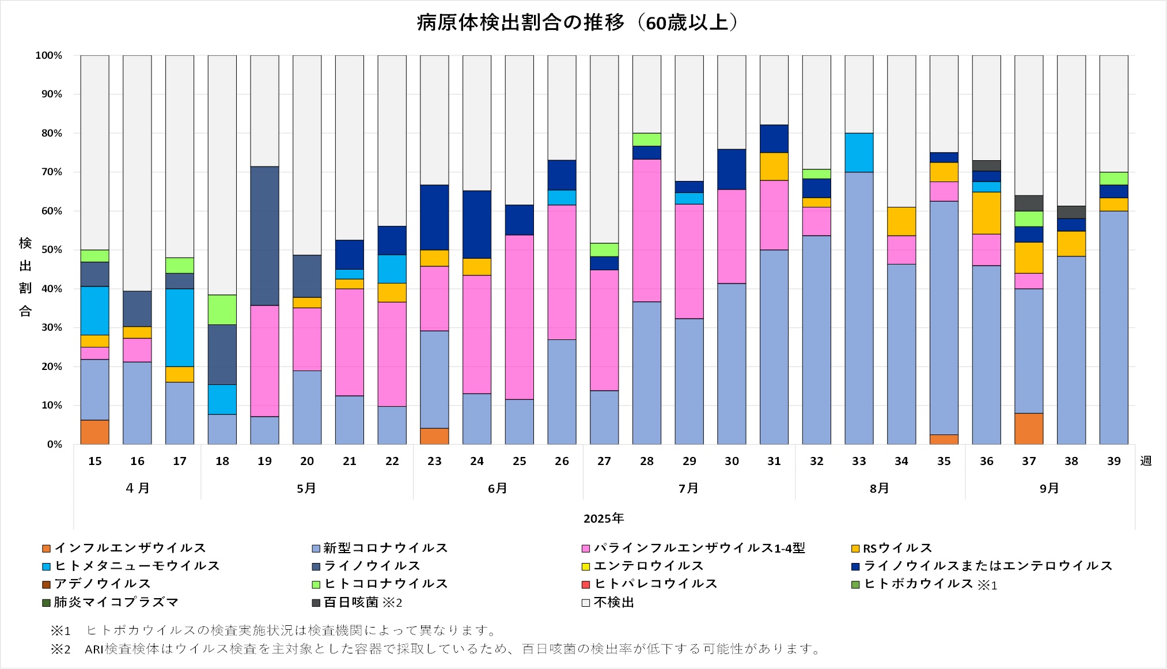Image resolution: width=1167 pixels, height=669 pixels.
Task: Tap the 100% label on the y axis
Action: click(x=48, y=56)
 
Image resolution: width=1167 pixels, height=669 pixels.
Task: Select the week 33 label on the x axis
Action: click(x=859, y=462)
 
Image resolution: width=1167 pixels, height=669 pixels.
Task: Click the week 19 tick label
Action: click(x=264, y=462)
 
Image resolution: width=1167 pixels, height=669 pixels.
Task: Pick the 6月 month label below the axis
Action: click(x=498, y=489)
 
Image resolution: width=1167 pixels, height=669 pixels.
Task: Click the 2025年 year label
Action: click(x=604, y=519)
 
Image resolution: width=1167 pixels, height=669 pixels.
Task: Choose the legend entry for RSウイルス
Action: click(x=897, y=549)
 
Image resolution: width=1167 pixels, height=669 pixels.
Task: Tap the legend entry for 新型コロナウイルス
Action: click(x=385, y=549)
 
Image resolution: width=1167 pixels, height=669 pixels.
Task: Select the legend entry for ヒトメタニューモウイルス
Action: click(x=137, y=566)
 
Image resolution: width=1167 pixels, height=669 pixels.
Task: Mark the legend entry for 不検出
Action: click(x=613, y=603)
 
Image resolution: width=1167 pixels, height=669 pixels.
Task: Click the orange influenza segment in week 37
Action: click(x=1029, y=429)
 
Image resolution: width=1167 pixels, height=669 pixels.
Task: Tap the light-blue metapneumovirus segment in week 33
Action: click(x=859, y=153)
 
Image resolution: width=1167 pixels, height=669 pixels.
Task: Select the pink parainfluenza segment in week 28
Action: click(x=647, y=230)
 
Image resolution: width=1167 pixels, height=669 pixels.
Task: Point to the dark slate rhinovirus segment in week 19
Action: click(x=264, y=236)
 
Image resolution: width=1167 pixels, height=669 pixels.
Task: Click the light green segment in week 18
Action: click(x=222, y=310)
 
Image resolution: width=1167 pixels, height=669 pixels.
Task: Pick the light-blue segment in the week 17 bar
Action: click(x=180, y=328)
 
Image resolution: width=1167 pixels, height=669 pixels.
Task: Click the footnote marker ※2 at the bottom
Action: click(x=60, y=649)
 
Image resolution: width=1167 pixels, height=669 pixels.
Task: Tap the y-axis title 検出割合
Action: click(x=25, y=277)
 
